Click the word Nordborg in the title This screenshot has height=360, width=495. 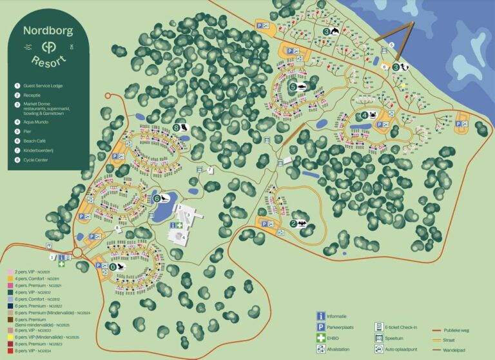(48, 31)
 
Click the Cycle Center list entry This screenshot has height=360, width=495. (38, 159)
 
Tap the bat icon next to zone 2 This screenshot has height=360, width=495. (302, 225)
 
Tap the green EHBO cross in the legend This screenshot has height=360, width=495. (320, 338)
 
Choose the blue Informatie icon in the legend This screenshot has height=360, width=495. (320, 316)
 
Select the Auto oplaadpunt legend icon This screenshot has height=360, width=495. (380, 350)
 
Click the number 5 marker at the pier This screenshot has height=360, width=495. (391, 45)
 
